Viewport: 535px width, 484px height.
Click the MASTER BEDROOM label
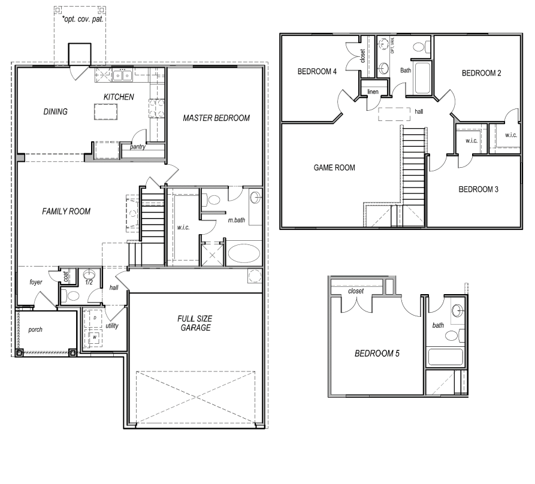(216, 117)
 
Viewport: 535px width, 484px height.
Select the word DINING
(55, 111)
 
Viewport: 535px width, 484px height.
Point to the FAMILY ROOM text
(66, 211)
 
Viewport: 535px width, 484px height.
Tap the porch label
(35, 329)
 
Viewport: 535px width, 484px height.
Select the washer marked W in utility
(95, 337)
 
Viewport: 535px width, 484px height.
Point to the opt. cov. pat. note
(82, 19)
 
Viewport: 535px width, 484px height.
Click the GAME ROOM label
(334, 168)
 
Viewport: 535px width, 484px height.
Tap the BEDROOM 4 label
(318, 72)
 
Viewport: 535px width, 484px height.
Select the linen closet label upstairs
(373, 92)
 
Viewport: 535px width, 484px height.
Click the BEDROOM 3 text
(479, 189)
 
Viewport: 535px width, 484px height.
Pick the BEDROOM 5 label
(377, 353)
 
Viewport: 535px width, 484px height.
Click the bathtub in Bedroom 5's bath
(445, 358)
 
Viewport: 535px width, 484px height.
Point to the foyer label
(35, 282)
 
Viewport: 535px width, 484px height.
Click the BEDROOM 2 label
(481, 73)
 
